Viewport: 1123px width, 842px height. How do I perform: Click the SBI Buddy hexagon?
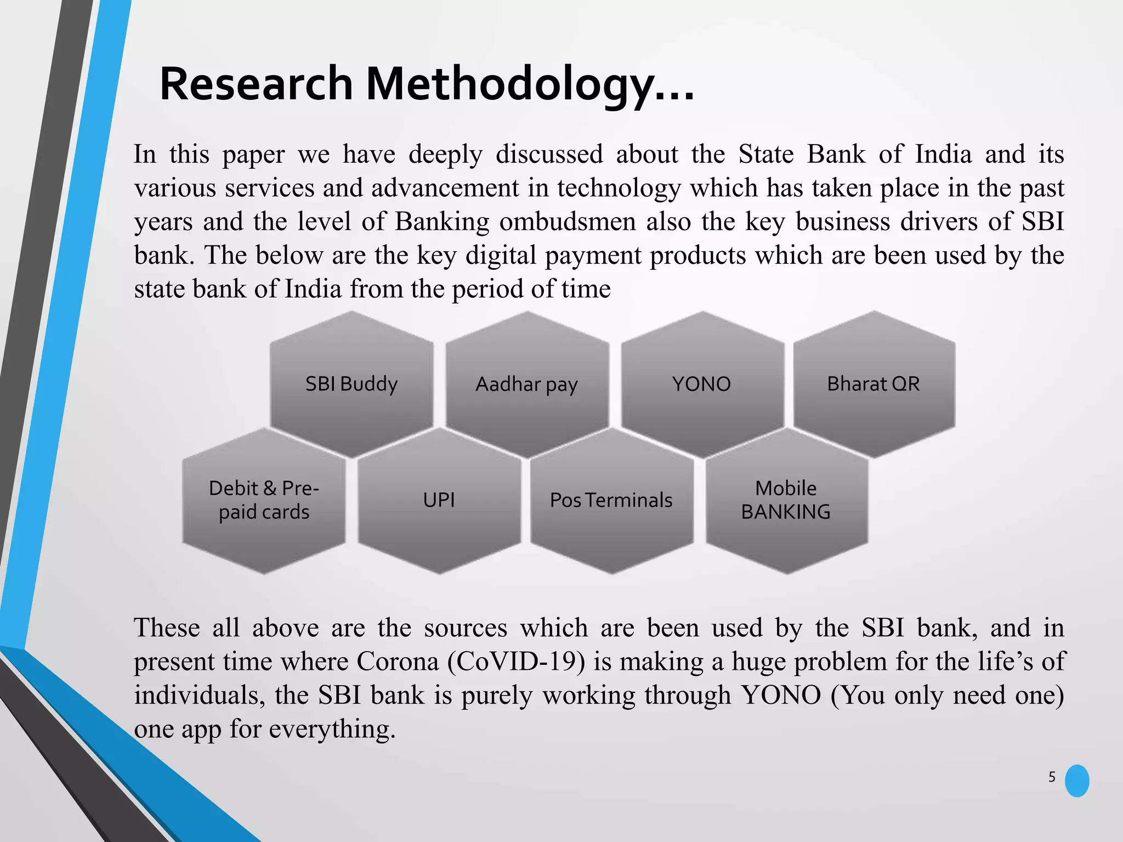click(351, 384)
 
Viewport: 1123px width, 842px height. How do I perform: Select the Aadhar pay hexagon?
click(527, 384)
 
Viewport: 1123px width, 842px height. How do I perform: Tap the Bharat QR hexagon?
click(874, 384)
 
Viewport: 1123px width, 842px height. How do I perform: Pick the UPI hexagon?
click(439, 500)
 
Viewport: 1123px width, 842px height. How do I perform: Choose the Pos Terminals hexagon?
click(611, 500)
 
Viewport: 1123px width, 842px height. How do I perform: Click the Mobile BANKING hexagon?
click(786, 500)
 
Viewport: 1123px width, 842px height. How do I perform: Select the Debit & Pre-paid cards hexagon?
click(264, 500)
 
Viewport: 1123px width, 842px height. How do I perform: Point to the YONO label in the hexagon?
click(702, 384)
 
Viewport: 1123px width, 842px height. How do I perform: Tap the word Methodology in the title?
click(510, 85)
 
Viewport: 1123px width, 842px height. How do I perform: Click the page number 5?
click(1052, 777)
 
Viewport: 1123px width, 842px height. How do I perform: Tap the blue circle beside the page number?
click(1077, 781)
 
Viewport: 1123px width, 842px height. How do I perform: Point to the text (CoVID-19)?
click(517, 662)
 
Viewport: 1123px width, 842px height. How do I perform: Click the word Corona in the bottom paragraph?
click(398, 662)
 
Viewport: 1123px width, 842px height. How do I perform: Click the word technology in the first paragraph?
click(619, 189)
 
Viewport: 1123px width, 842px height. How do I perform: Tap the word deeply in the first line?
click(445, 155)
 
